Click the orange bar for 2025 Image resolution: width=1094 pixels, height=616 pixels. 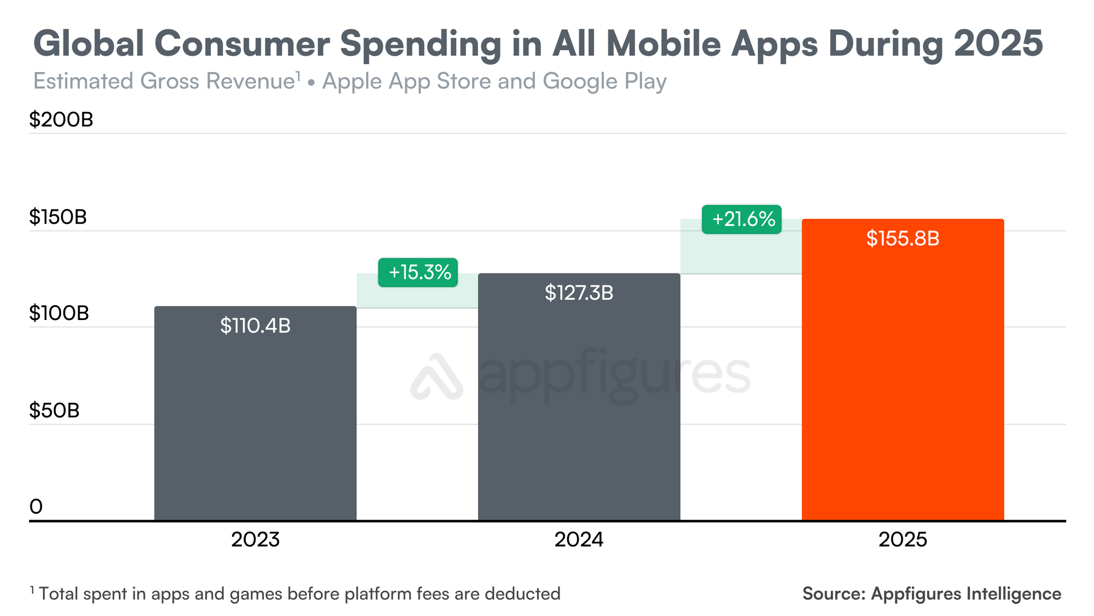click(903, 383)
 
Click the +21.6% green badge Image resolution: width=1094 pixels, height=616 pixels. click(742, 219)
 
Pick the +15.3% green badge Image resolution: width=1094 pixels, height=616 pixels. click(418, 272)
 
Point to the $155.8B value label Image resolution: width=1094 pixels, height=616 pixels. click(903, 239)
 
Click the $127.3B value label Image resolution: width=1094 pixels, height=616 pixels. click(579, 293)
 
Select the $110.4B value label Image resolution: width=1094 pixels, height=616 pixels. click(255, 326)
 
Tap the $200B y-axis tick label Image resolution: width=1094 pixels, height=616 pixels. click(61, 120)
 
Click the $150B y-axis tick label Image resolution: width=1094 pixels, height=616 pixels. click(58, 217)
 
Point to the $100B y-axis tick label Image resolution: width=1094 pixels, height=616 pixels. click(59, 313)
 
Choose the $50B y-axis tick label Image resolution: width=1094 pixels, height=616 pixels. click(54, 410)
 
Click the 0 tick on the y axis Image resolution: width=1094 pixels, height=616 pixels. click(36, 507)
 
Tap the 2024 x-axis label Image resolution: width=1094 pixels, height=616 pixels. click(579, 540)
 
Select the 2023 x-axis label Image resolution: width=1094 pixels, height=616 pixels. click(255, 540)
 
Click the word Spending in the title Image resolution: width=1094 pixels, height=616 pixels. click(420, 44)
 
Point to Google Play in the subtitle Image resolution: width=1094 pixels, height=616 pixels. click(604, 82)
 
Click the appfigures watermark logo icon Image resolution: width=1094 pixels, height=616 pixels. click(437, 377)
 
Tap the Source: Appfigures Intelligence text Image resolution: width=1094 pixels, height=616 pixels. click(932, 594)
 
